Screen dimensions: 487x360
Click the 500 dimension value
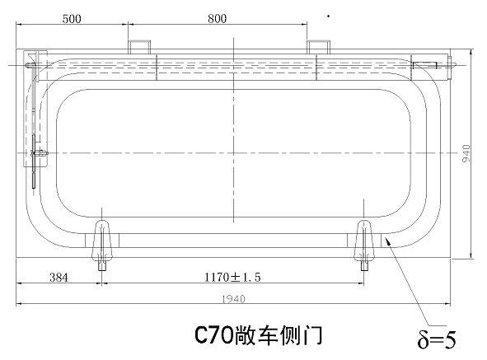click(x=72, y=19)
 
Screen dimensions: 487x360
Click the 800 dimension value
click(x=217, y=19)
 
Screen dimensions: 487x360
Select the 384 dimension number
click(x=59, y=277)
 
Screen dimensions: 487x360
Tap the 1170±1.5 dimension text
click(x=232, y=277)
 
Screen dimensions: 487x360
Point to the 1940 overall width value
click(x=233, y=299)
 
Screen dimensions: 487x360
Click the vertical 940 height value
click(x=466, y=153)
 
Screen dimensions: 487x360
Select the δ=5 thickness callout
click(x=437, y=339)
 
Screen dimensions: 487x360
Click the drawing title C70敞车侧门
click(x=259, y=335)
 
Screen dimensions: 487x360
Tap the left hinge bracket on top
click(x=139, y=47)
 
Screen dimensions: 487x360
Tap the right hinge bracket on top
click(x=319, y=47)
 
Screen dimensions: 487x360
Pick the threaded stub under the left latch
click(x=102, y=266)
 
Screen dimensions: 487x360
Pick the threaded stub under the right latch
click(x=364, y=266)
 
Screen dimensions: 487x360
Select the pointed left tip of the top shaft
click(x=24, y=65)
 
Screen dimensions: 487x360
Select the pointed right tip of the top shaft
click(x=456, y=65)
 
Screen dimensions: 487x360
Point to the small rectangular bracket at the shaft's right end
click(x=424, y=65)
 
